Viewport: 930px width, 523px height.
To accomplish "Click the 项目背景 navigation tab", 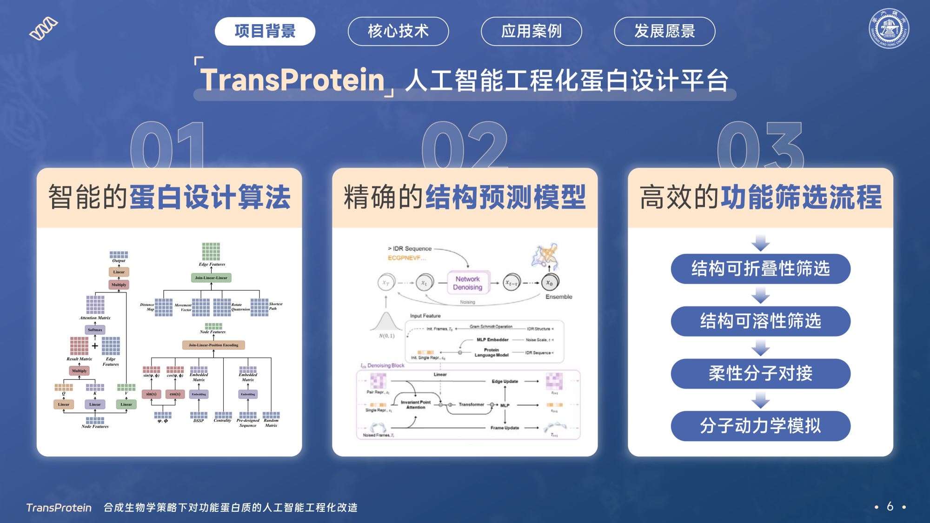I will click(265, 31).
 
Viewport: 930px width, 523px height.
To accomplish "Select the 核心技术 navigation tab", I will click(398, 31).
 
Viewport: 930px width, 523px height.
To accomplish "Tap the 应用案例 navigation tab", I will click(531, 31).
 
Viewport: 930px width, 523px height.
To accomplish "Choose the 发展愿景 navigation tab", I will click(664, 31).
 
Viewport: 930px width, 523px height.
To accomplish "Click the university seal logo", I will click(889, 28).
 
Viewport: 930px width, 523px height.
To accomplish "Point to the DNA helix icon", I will click(44, 29).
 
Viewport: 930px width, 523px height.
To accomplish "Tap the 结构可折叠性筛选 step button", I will click(760, 269).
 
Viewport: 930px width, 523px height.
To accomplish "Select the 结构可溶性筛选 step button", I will click(760, 321).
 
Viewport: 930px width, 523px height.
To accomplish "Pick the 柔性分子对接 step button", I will click(760, 374).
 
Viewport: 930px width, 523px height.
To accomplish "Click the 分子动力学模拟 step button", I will click(760, 426).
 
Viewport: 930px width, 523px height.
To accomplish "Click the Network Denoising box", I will click(468, 283).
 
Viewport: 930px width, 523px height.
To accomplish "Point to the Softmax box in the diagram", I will click(95, 330).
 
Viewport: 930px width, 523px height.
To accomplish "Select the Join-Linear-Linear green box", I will click(211, 278).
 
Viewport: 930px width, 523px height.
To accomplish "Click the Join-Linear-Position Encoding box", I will click(213, 345).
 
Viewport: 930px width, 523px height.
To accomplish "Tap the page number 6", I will click(890, 506).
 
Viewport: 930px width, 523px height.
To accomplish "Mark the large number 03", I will click(760, 146).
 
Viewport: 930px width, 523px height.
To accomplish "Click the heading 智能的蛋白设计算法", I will click(169, 197).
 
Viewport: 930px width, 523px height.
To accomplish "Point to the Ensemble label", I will click(558, 297).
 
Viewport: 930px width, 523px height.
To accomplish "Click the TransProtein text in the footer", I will click(59, 508).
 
